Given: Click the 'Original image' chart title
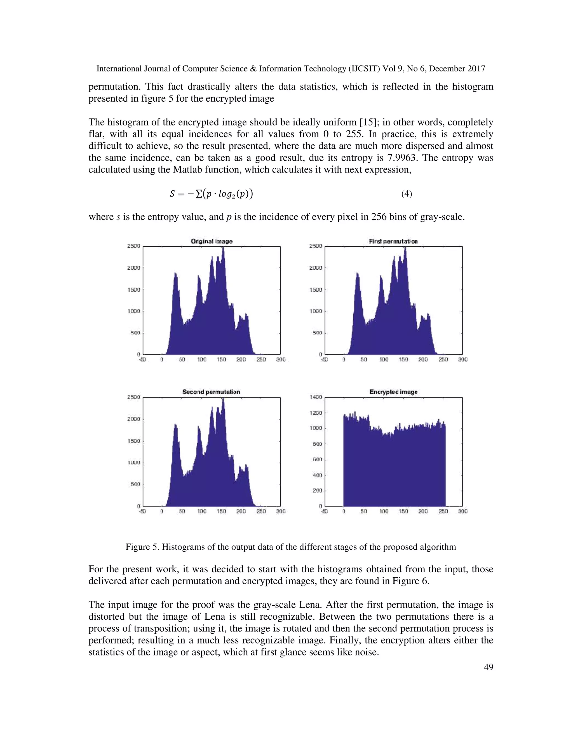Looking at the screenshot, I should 212,241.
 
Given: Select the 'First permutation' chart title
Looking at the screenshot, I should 393,241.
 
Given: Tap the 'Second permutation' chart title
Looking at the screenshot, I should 211,392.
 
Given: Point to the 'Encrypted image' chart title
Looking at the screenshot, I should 393,392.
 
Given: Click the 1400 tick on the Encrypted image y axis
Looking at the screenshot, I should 316,397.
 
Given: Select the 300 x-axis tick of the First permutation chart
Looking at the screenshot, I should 463,360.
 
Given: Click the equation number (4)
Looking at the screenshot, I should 406,194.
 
